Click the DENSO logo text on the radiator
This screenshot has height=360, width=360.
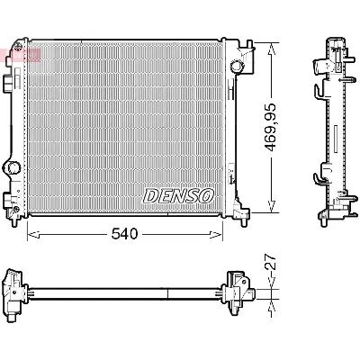[177, 195]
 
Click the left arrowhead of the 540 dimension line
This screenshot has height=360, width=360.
[32, 235]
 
